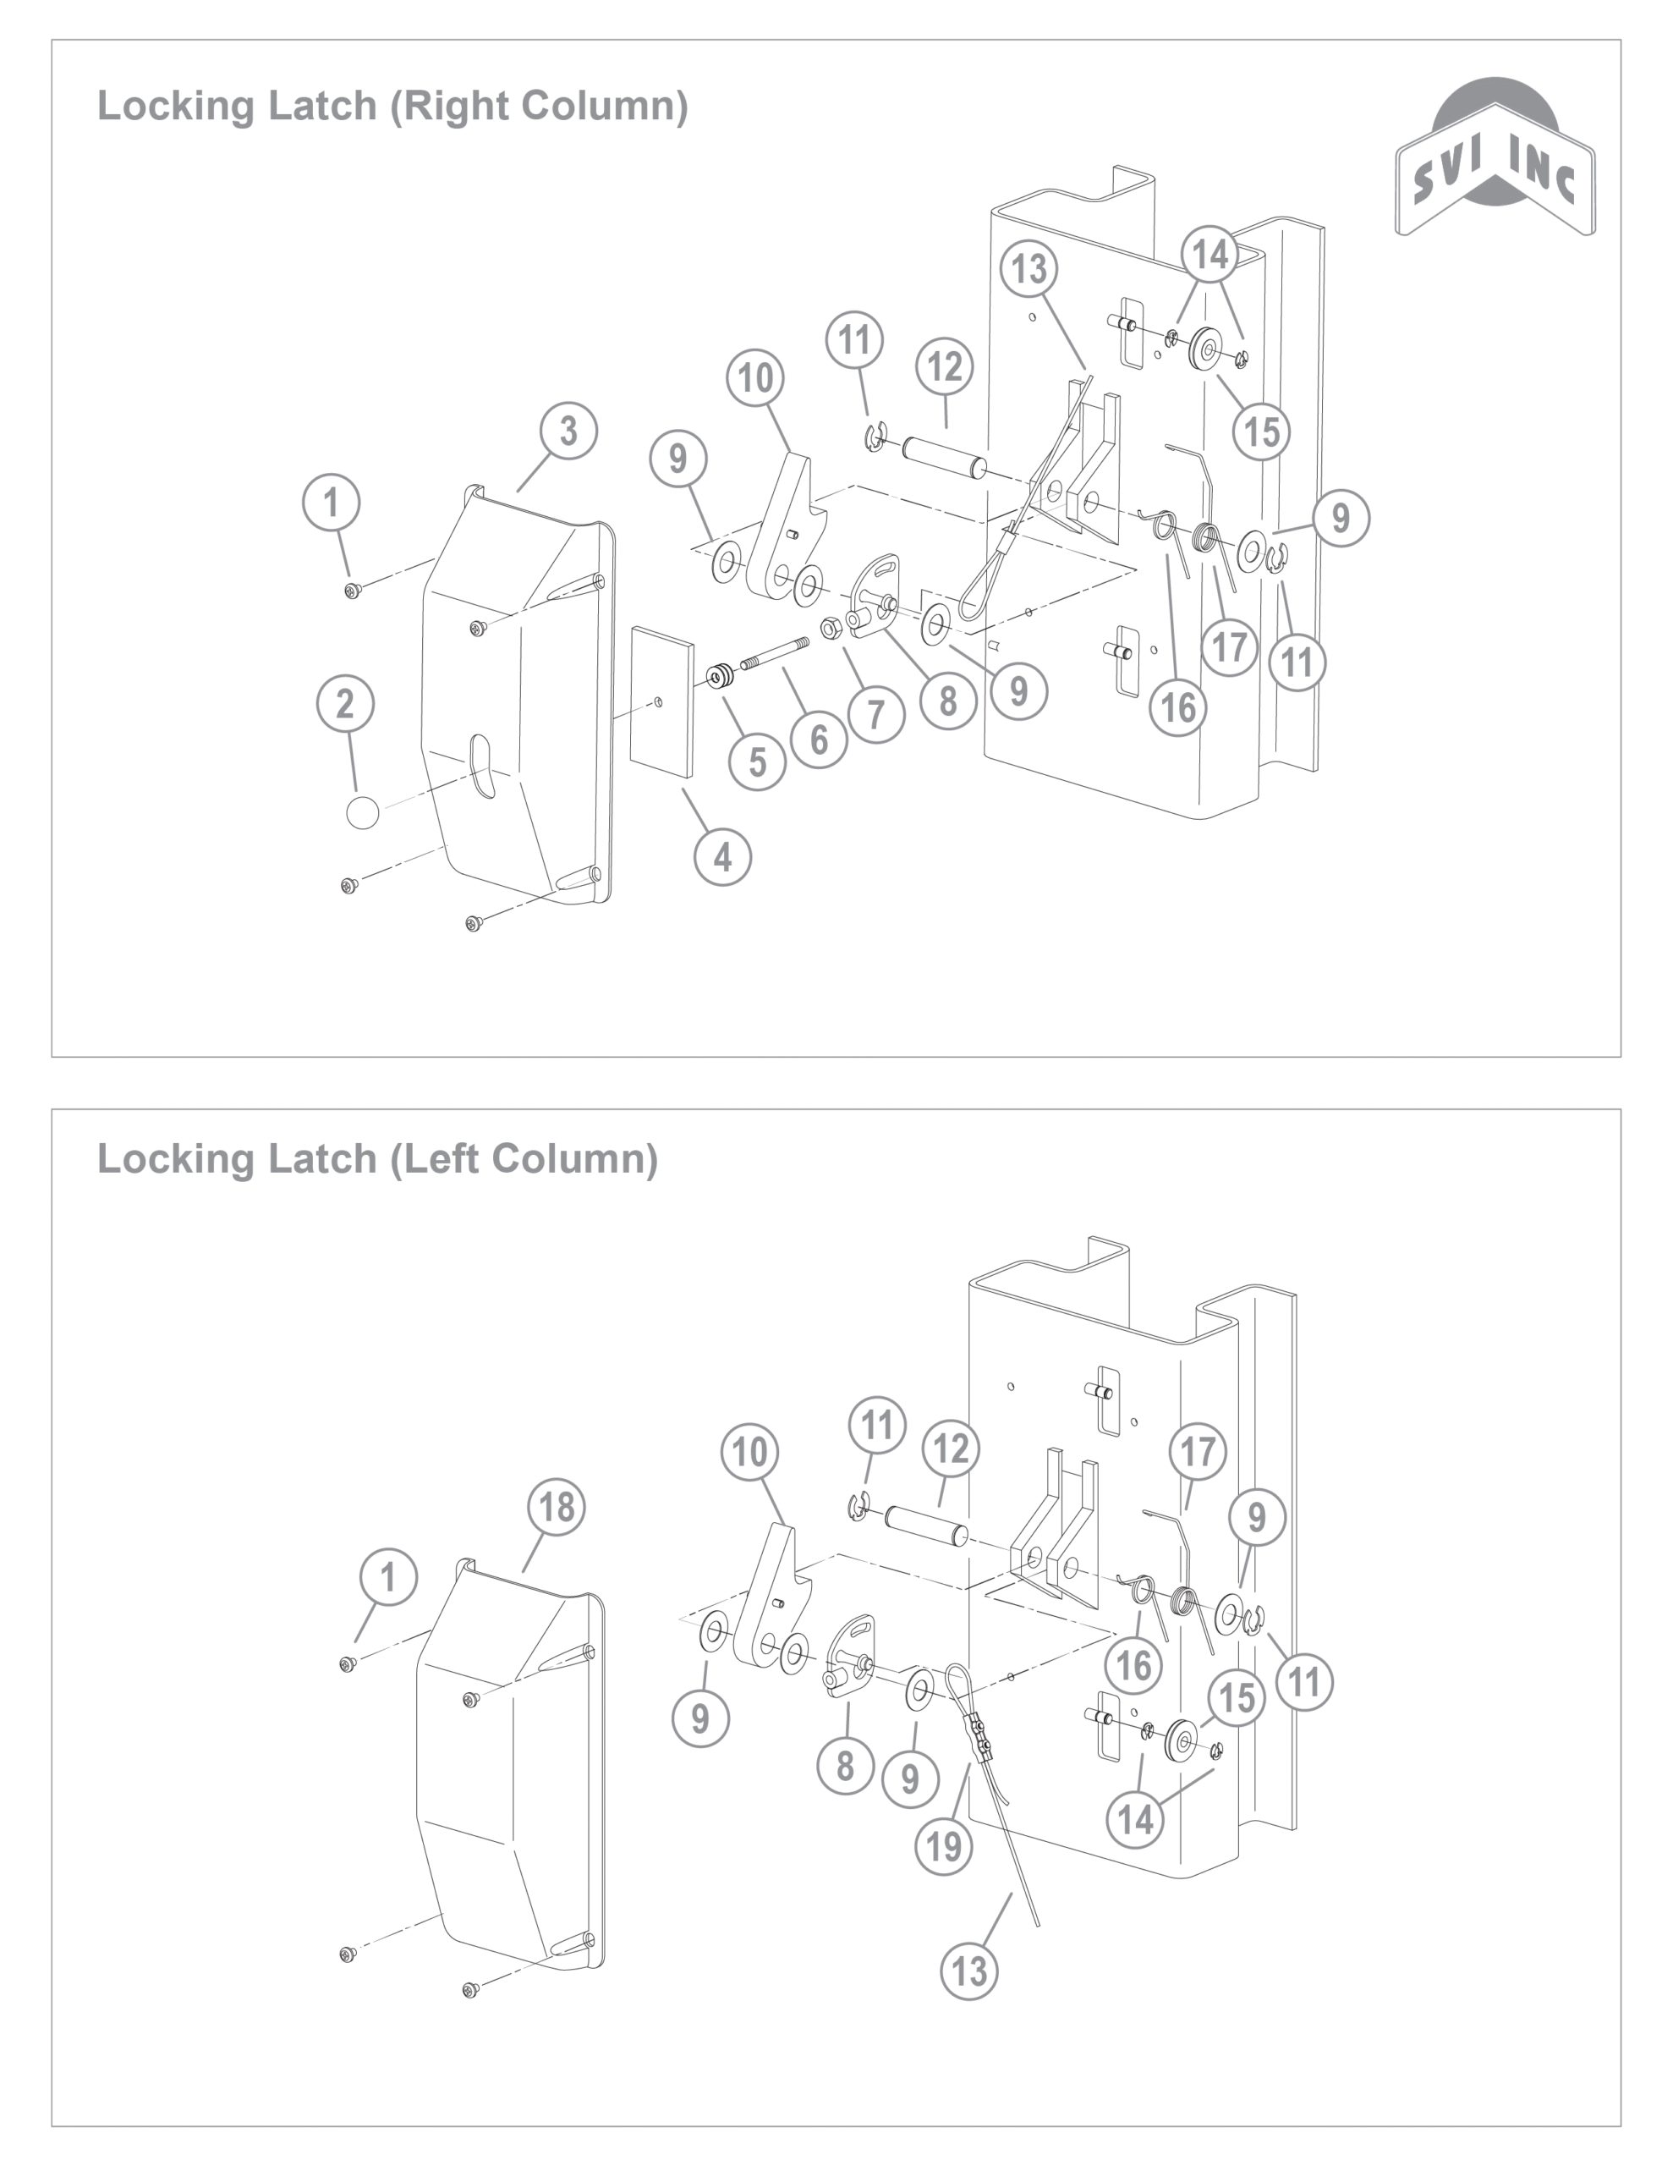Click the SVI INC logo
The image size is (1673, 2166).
click(1495, 159)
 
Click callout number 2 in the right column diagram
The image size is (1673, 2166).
click(345, 704)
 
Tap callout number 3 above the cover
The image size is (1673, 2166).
click(568, 432)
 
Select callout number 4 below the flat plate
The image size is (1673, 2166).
click(723, 857)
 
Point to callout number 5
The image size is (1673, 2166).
click(758, 761)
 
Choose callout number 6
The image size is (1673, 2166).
click(819, 739)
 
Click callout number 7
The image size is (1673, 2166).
click(876, 714)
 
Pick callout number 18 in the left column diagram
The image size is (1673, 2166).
click(557, 1507)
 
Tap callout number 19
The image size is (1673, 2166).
click(943, 1845)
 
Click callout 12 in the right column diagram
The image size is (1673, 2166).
click(944, 367)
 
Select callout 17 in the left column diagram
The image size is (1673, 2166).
click(1198, 1452)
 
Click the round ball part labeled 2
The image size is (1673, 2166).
click(363, 812)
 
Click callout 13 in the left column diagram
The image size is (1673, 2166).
click(969, 1971)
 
